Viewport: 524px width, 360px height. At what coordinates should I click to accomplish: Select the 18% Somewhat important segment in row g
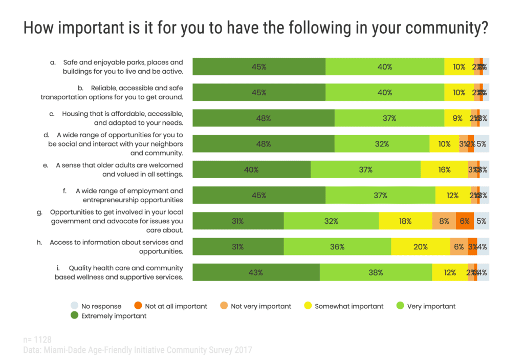point(405,221)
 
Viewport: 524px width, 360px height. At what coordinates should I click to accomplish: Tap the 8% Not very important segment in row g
point(444,221)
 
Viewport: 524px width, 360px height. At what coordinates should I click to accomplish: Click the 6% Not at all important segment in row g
point(464,221)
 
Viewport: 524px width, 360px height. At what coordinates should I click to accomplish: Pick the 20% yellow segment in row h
point(420,247)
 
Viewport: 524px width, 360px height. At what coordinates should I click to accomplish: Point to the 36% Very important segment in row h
point(337,247)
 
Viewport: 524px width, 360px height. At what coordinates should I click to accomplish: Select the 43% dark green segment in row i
point(256,272)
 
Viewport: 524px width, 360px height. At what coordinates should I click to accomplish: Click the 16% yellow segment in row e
point(444,170)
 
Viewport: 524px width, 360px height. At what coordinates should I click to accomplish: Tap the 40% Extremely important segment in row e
point(251,170)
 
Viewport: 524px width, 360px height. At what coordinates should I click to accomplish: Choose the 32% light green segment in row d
point(382,144)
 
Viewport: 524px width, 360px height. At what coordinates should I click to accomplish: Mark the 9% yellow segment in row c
point(457,118)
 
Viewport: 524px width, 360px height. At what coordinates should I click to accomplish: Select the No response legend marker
point(74,306)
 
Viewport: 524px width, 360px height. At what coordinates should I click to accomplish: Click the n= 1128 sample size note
point(37,340)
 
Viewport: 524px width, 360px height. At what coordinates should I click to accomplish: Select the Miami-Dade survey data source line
point(138,350)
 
